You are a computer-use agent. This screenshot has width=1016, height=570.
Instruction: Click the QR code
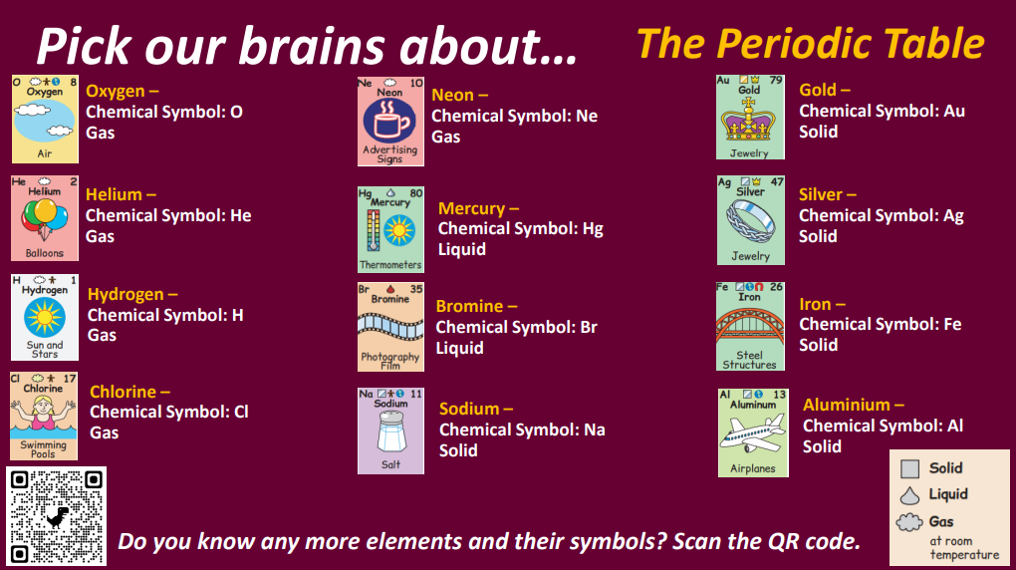click(x=57, y=516)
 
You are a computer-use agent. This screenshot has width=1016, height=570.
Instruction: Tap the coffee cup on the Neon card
click(x=388, y=121)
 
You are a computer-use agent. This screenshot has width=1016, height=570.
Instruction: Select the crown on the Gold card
click(x=749, y=120)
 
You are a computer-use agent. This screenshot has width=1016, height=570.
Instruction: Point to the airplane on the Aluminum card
click(x=752, y=433)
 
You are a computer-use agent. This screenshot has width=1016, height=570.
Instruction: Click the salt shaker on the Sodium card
click(x=390, y=431)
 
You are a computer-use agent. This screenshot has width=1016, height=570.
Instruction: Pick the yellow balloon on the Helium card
click(x=46, y=210)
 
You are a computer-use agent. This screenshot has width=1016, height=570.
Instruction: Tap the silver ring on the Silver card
click(x=750, y=220)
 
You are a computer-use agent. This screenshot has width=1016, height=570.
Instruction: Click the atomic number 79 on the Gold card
click(x=775, y=81)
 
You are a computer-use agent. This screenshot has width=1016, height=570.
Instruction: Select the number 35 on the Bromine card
click(x=416, y=289)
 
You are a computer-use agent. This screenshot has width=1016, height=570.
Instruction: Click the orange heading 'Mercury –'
click(x=478, y=208)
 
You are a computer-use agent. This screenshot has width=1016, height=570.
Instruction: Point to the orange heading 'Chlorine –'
click(x=129, y=392)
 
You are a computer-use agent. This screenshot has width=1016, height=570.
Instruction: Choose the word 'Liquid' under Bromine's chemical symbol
click(x=459, y=348)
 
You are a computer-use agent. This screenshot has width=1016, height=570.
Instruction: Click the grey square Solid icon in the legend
click(x=909, y=468)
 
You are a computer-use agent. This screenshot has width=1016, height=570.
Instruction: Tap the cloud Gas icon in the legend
click(x=909, y=522)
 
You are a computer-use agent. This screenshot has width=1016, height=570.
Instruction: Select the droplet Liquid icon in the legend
click(x=909, y=495)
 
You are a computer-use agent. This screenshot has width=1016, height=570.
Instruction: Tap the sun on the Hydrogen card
click(x=45, y=318)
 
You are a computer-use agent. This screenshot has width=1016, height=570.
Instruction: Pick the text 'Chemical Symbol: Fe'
click(x=880, y=324)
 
